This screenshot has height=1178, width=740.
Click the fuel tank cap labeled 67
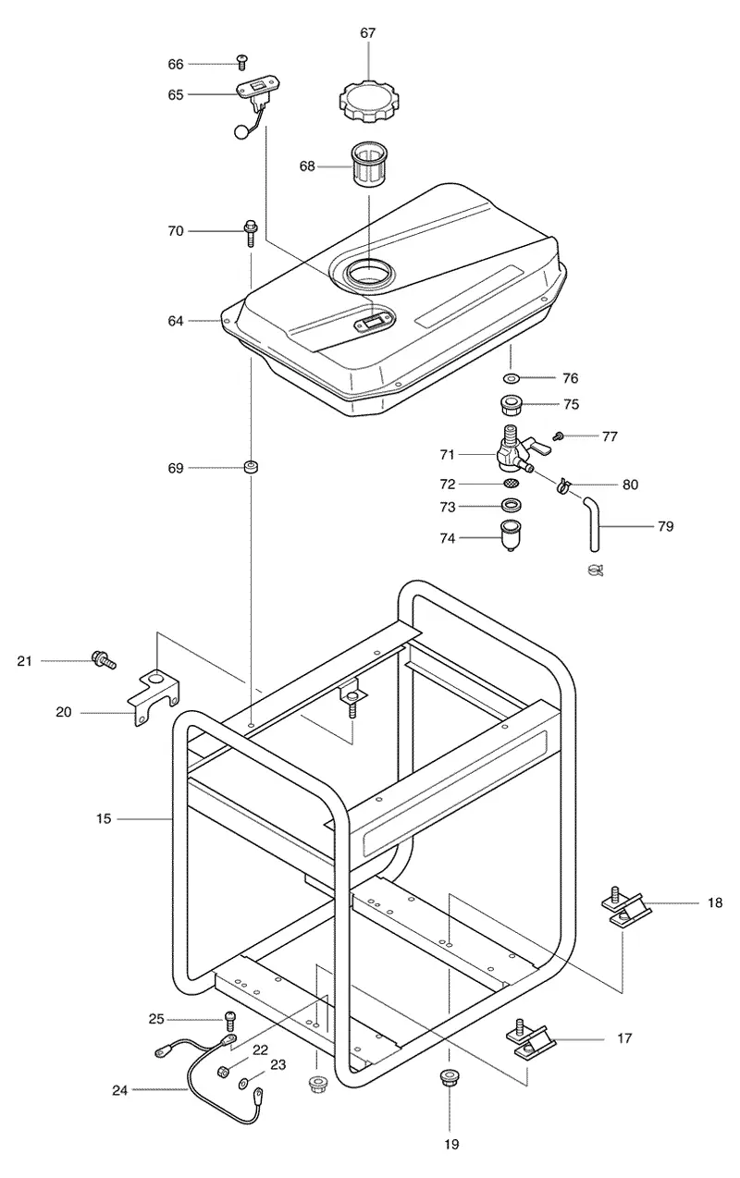pos(367,101)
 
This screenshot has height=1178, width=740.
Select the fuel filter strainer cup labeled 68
pos(368,163)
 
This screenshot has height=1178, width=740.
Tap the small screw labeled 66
pos(242,62)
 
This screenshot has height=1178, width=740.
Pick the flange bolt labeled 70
pos(250,232)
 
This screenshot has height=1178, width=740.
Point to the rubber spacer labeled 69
pos(251,466)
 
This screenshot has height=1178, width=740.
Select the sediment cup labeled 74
pos(509,535)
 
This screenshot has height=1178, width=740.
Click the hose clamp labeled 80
pos(563,485)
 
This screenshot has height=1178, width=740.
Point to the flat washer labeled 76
pos(511,377)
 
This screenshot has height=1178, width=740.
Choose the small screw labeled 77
pos(558,436)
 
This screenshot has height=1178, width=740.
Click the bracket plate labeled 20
pos(154,698)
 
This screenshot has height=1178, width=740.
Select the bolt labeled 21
pos(104,659)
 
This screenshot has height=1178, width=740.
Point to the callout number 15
pos(104,819)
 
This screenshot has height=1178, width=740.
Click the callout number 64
pos(176,321)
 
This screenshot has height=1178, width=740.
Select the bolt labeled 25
pos(229,1021)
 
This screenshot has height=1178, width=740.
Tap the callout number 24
pos(120,1091)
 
